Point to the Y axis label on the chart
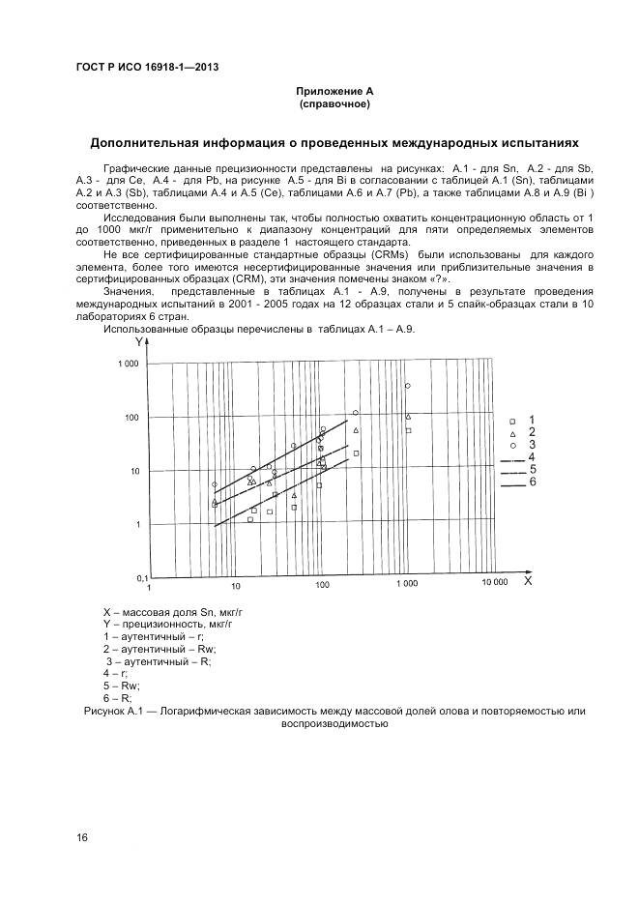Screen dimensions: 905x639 click(x=140, y=342)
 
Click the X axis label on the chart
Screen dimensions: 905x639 click(x=528, y=581)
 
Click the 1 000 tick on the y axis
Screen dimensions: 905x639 click(x=129, y=365)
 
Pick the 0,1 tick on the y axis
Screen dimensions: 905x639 click(x=132, y=577)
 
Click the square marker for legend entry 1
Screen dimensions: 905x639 click(x=512, y=422)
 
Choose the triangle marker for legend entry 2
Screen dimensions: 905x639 click(x=512, y=434)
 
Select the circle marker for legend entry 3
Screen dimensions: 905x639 click(x=512, y=446)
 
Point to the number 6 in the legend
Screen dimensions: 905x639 click(x=533, y=482)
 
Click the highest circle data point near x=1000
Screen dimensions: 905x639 click(x=407, y=386)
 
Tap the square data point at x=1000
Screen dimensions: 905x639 click(x=408, y=430)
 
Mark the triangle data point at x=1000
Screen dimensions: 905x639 click(x=408, y=417)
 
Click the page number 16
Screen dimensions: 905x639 click(x=82, y=837)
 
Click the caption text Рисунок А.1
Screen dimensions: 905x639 click(x=104, y=712)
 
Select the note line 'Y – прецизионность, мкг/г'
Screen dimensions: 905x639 click(x=167, y=625)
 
